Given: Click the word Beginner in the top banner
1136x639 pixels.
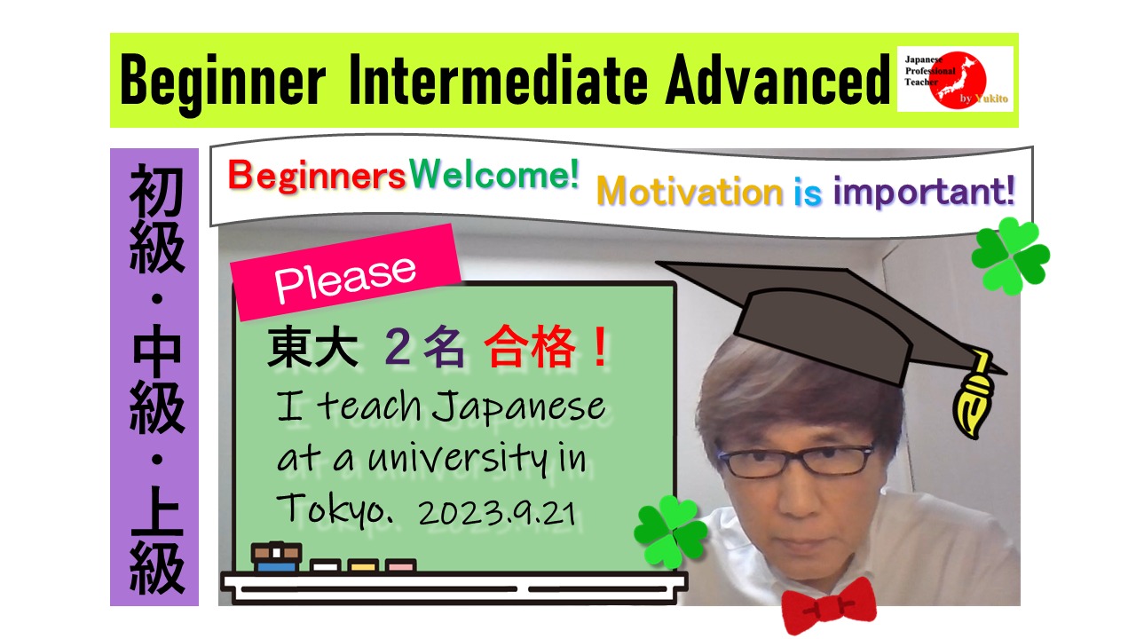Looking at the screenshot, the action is pos(223,81).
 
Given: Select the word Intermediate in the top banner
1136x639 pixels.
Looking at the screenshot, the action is pos(498,80).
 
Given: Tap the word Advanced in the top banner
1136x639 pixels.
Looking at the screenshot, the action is pos(778,80).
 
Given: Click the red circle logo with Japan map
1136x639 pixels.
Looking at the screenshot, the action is pos(957,80).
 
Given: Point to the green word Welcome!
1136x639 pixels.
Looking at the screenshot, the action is pos(494,174).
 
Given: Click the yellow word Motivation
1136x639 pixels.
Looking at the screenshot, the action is pos(690,192).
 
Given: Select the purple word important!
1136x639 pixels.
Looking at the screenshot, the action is pos(924,193).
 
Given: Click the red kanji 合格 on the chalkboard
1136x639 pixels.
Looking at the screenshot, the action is pos(530,346).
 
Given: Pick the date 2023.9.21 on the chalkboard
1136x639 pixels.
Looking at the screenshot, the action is pos(498,513).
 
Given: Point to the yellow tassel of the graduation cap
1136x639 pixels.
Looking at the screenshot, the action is pos(974,396).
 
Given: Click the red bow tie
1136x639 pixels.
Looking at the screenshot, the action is pos(829,605).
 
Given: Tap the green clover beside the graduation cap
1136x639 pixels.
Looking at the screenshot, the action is pos(1011,256).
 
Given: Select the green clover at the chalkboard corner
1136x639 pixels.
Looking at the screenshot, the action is pos(670,531).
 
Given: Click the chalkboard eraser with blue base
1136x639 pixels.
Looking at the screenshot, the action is pos(276,556).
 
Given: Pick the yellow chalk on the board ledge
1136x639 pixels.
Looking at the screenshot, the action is pos(363,565).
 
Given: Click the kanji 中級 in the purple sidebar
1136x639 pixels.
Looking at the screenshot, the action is pos(157,379).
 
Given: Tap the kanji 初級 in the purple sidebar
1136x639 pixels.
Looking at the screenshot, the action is pos(157,218).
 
